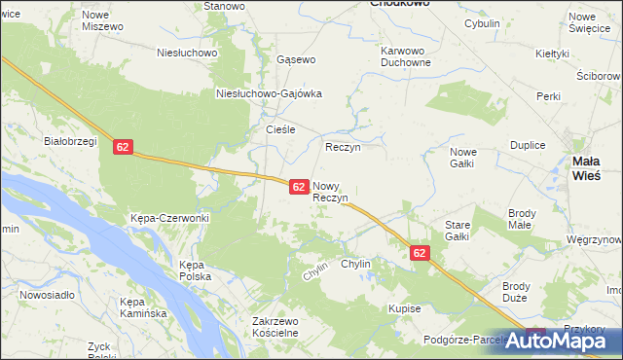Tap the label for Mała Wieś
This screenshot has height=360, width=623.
(x=591, y=168)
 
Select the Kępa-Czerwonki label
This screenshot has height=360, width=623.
(x=169, y=218)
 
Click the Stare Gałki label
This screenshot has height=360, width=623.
(x=458, y=230)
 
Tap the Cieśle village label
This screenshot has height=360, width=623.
(x=280, y=128)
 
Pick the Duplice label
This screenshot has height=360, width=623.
(x=527, y=144)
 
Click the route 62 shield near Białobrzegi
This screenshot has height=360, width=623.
(x=122, y=147)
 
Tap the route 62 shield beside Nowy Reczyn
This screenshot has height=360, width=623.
(x=300, y=186)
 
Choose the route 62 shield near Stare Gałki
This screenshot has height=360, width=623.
(x=420, y=253)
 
